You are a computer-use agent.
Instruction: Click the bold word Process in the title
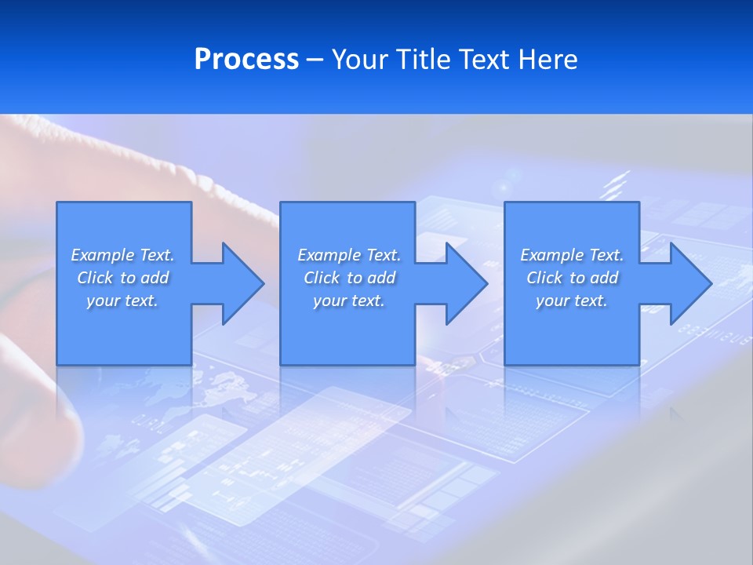click(246, 60)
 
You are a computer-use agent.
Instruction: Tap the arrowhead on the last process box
click(689, 283)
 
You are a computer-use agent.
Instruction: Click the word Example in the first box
click(103, 255)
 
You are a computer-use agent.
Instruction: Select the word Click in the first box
click(95, 278)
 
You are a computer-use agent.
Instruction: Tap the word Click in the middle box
click(322, 278)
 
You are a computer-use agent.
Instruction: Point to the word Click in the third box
click(544, 278)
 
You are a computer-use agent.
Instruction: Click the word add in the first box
click(155, 278)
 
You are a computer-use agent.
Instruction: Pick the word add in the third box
click(605, 278)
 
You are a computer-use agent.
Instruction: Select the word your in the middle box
click(329, 301)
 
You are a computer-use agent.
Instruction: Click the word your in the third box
click(552, 301)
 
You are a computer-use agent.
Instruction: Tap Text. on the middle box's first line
click(383, 255)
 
